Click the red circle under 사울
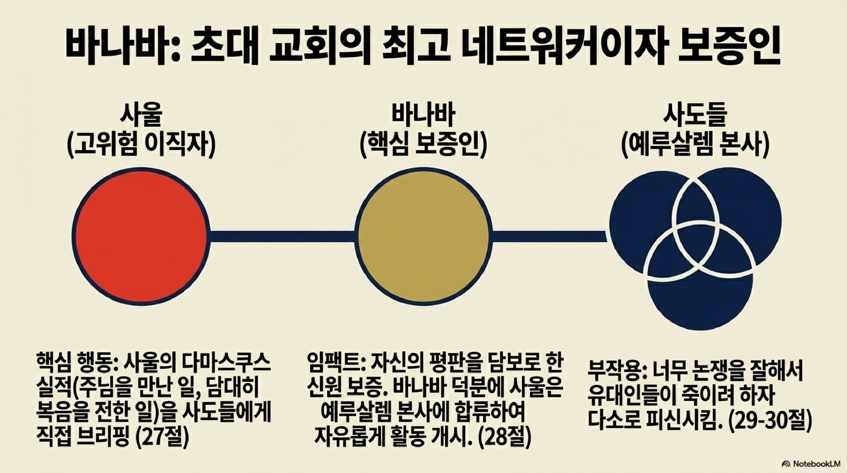click(x=140, y=236)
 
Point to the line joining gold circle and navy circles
click(x=549, y=236)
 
